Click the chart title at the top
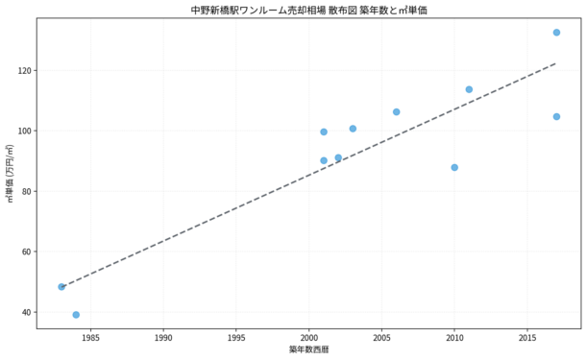click(x=308, y=11)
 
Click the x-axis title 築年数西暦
click(x=308, y=349)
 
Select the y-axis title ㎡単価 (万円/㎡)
click(x=11, y=173)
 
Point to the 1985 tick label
click(x=90, y=338)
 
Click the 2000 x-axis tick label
click(x=308, y=338)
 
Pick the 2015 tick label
click(x=527, y=338)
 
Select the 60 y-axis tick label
click(x=26, y=252)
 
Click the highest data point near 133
click(x=556, y=33)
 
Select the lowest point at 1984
click(x=76, y=315)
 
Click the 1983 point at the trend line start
click(x=61, y=287)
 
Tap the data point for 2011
click(x=469, y=89)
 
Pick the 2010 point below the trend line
click(x=454, y=167)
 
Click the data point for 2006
click(x=396, y=112)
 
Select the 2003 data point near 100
click(x=353, y=129)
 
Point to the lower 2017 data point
click(x=556, y=117)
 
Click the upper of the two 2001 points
click(x=324, y=132)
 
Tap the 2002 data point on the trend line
click(x=338, y=157)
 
